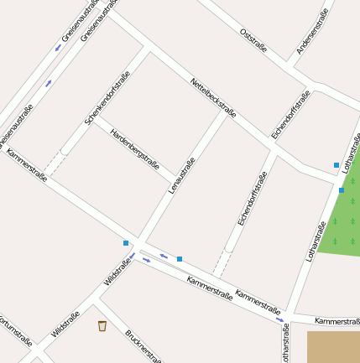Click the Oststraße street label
coord(253,40)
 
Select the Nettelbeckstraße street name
coord(213,99)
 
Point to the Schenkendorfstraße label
coord(107,98)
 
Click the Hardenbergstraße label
coord(135,146)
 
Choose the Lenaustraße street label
coord(182,175)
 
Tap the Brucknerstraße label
coord(143,346)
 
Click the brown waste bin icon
coord(102,325)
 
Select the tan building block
coord(333,346)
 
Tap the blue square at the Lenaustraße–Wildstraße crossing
coord(126,243)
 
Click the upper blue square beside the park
coord(337,165)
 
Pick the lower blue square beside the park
coord(342,190)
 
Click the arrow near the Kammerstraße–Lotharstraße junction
coord(279,319)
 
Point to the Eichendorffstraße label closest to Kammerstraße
coord(252,199)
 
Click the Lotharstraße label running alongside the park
coord(316,241)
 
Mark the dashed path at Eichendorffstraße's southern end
coord(221,263)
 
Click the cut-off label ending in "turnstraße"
coord(17,330)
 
